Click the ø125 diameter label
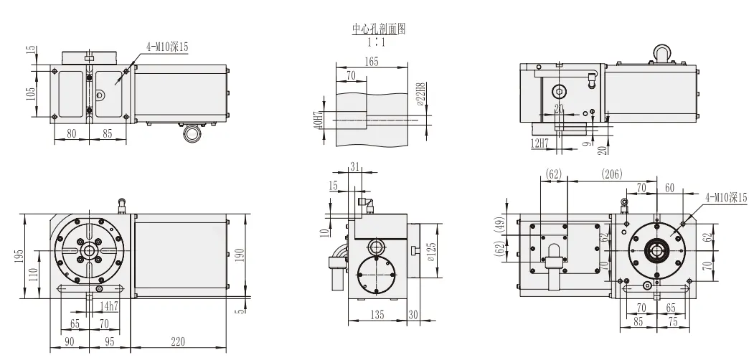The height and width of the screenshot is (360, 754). [431, 253]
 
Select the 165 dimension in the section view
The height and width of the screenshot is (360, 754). [371, 62]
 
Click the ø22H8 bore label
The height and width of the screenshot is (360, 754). [423, 95]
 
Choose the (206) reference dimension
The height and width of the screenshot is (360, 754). [612, 174]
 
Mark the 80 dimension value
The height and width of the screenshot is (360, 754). [71, 133]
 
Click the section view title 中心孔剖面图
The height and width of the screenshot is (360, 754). [373, 29]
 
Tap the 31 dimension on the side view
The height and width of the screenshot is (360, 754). [355, 166]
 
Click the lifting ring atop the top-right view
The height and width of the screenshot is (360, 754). [661, 52]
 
